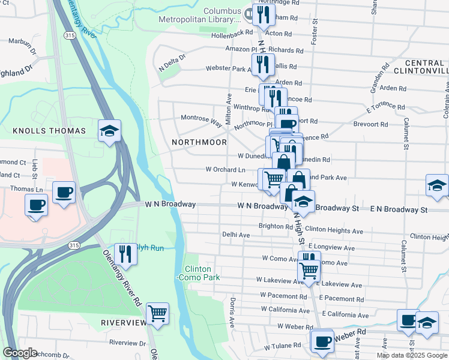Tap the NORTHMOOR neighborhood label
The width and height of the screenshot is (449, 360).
pos(199,142)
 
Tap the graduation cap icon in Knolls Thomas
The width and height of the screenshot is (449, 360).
pos(110,131)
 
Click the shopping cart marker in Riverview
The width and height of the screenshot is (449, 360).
pos(157,313)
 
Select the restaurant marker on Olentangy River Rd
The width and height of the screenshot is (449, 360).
pos(126,253)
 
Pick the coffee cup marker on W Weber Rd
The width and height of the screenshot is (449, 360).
pos(322,341)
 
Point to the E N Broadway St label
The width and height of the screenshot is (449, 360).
pos(399,209)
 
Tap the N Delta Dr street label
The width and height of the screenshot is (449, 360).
pos(173,62)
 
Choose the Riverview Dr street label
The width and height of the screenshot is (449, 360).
pos(124,342)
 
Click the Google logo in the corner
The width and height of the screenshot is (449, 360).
pos(20,353)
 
